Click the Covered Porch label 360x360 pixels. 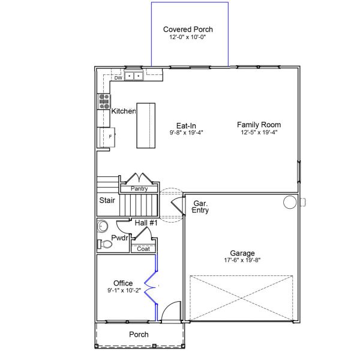tap(188, 29)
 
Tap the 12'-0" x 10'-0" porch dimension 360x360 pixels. tap(188, 37)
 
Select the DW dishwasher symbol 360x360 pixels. tap(118, 77)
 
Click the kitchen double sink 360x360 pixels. tap(134, 76)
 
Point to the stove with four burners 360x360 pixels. tap(104, 101)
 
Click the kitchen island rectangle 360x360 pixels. tap(146, 125)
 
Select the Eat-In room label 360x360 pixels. tap(187, 125)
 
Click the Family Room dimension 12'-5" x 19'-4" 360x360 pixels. tap(259, 133)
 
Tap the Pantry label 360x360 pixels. tap(139, 189)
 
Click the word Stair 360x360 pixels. tap(107, 201)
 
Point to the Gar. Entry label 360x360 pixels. tap(200, 208)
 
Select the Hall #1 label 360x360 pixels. tap(145, 223)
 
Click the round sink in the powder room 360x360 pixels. tap(102, 227)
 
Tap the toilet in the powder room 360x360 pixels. tap(101, 244)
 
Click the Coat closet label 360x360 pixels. tap(143, 248)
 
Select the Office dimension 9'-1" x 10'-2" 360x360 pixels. tap(123, 291)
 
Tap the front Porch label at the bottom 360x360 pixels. tap(139, 334)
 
